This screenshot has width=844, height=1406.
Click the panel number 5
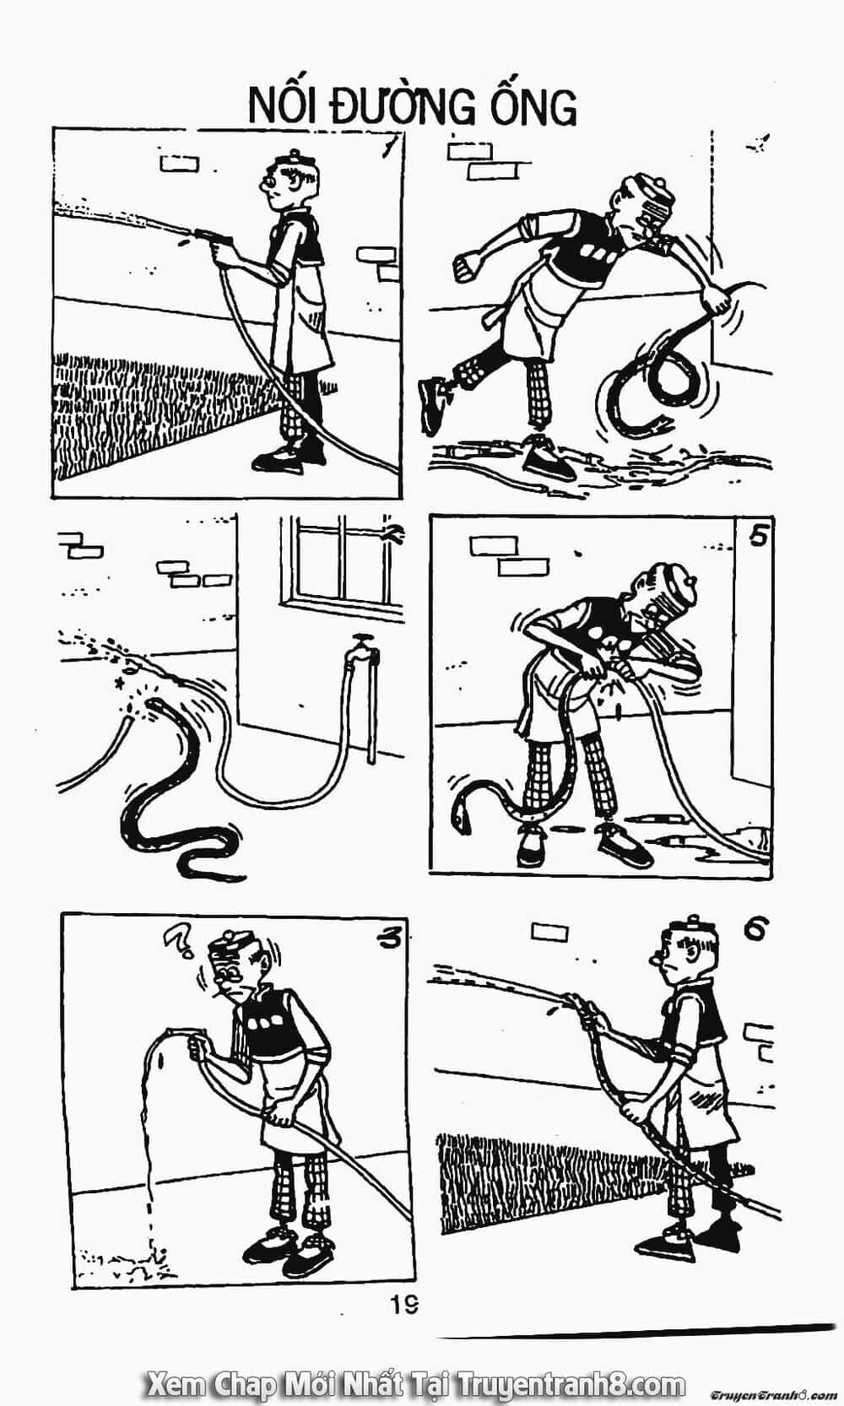(x=758, y=537)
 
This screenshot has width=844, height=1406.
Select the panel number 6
(x=756, y=928)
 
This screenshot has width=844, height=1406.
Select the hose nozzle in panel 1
(x=199, y=234)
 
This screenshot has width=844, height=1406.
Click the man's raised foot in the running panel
(x=432, y=405)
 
